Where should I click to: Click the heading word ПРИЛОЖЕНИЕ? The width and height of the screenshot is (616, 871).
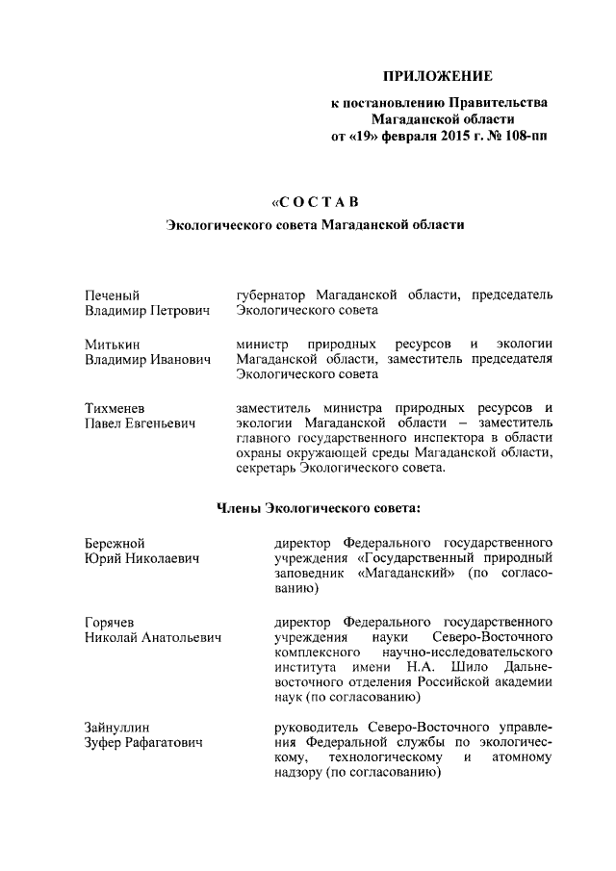click(438, 75)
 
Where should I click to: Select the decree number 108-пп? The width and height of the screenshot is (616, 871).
click(524, 137)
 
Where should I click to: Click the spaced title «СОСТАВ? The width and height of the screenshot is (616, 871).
click(315, 201)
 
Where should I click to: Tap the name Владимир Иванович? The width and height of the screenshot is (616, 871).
click(146, 360)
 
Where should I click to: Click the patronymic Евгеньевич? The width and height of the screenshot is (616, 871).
click(157, 424)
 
